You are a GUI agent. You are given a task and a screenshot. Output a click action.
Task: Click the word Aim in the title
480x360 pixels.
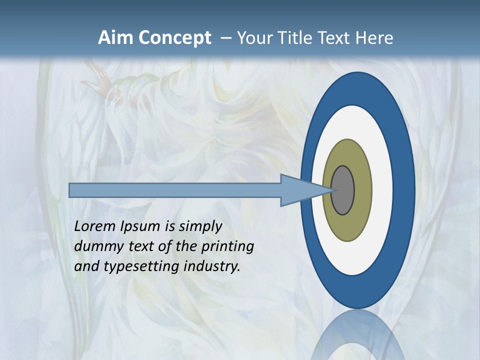(x=116, y=38)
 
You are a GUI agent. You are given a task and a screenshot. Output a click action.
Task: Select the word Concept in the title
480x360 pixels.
(x=174, y=38)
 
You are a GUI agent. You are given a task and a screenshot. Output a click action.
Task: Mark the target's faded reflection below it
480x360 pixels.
(x=357, y=335)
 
